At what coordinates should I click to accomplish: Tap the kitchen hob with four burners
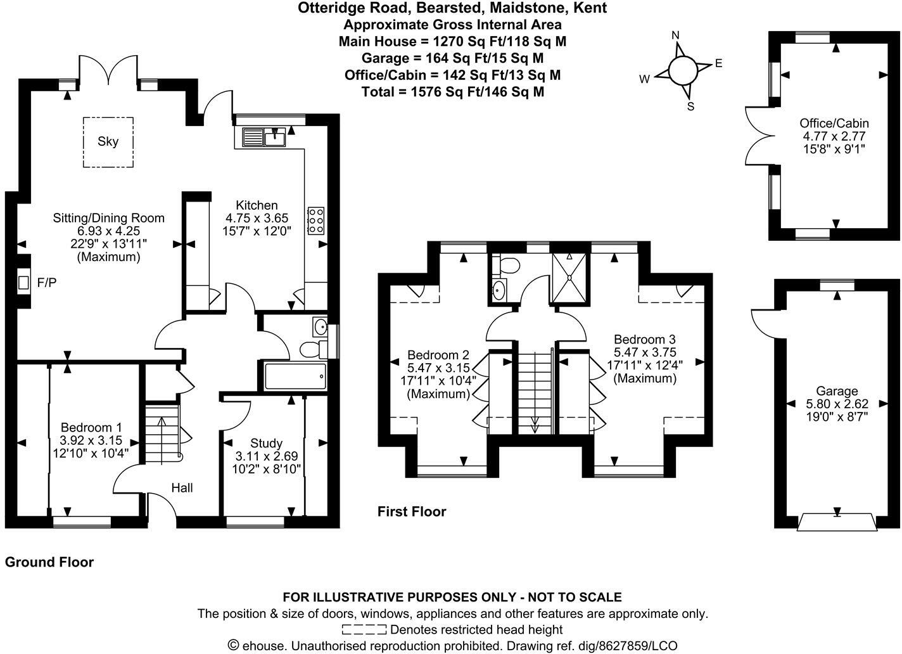pos(315,220)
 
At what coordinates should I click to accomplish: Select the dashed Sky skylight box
pos(108,142)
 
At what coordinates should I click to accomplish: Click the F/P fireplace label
pos(47,283)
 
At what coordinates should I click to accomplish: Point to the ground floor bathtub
pos(295,376)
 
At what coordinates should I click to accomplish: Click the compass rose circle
pos(682,70)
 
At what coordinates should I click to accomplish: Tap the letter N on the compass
pos(675,35)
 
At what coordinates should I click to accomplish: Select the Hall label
pos(182,487)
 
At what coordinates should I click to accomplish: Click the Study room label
pos(266,443)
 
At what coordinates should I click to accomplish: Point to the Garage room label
pos(837,391)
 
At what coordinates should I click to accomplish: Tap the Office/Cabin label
pos(834,123)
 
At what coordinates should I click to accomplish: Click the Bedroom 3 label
pos(645,339)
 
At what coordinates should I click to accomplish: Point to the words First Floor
pos(412,511)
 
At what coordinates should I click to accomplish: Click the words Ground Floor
pos(49,562)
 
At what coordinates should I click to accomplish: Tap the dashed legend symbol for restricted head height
pos(364,629)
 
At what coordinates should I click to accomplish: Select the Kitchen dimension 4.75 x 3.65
pos(257,218)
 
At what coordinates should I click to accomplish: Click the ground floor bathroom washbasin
pos(320,327)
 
